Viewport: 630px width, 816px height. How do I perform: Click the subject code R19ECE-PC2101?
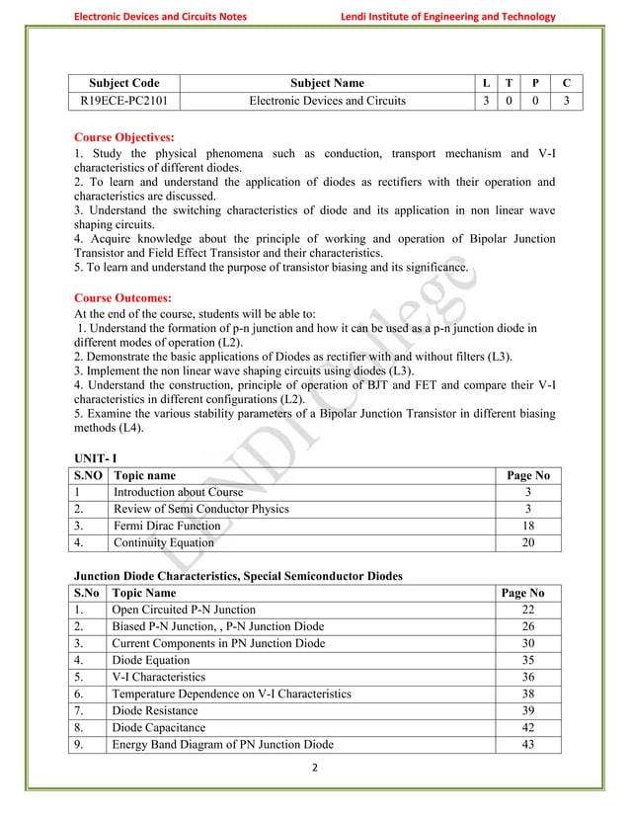(x=124, y=101)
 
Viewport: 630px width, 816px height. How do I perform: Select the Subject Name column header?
(x=327, y=83)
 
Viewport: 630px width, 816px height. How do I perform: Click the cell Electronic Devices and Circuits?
(x=327, y=101)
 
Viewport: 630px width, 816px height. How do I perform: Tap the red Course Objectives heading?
(x=124, y=137)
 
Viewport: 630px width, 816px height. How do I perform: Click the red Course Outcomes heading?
(x=123, y=297)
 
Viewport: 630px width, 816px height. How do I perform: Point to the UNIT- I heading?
(x=95, y=457)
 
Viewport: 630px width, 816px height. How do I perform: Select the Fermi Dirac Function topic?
(x=167, y=526)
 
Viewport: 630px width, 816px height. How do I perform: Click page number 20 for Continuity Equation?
(x=528, y=542)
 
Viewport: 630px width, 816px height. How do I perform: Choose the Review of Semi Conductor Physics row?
(x=201, y=509)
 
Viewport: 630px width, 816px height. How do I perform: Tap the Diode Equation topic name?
(x=150, y=660)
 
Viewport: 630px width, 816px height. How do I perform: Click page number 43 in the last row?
(x=528, y=744)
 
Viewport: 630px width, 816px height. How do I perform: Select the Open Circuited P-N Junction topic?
(x=184, y=610)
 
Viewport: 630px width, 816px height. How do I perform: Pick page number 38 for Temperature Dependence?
(x=528, y=694)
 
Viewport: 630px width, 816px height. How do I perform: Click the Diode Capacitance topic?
(x=159, y=727)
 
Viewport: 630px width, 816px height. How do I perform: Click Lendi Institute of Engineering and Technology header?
(x=447, y=16)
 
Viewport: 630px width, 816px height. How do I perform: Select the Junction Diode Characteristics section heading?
(x=238, y=575)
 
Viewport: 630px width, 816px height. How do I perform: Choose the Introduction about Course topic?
(x=178, y=492)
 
